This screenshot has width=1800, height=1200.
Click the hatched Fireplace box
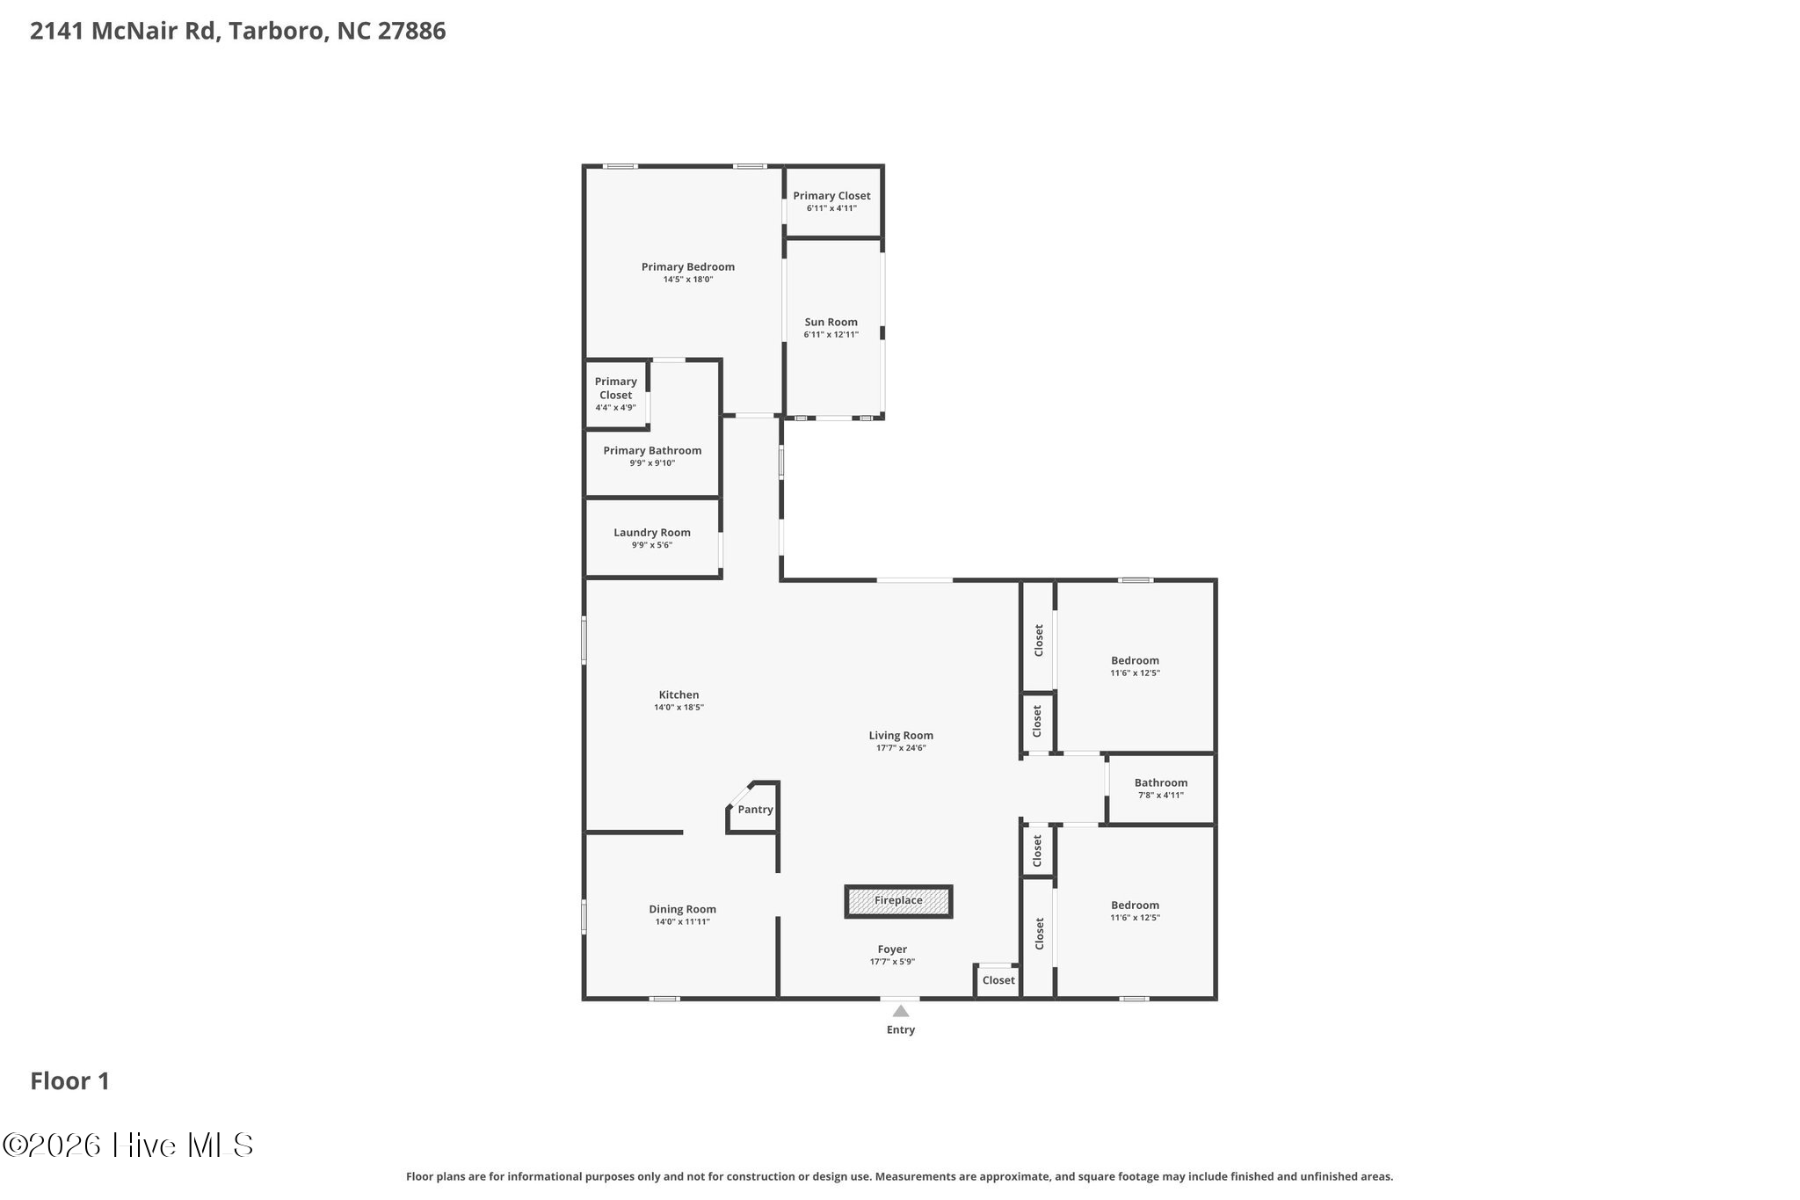(898, 901)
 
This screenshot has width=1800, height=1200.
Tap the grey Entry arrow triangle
(901, 1011)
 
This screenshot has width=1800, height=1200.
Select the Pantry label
(755, 810)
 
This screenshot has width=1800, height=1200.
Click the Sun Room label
(831, 322)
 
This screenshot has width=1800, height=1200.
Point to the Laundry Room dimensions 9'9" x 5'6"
(652, 545)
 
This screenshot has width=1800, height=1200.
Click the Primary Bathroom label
(652, 451)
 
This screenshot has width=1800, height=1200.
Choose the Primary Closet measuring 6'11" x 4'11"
(831, 201)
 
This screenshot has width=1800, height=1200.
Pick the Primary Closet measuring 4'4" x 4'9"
(615, 393)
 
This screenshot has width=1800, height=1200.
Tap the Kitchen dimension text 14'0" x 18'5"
(679, 708)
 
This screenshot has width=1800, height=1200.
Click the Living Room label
(901, 736)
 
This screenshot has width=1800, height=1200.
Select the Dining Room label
(682, 910)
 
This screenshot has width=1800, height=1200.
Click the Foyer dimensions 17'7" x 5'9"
(892, 962)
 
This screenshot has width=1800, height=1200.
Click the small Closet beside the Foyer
(998, 980)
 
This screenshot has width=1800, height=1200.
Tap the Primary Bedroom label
(687, 267)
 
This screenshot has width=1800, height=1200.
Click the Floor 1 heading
(70, 1081)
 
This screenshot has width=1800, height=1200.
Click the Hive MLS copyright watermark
(128, 1145)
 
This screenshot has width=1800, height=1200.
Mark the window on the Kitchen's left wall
(584, 640)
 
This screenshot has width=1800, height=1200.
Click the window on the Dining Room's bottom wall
(664, 999)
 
